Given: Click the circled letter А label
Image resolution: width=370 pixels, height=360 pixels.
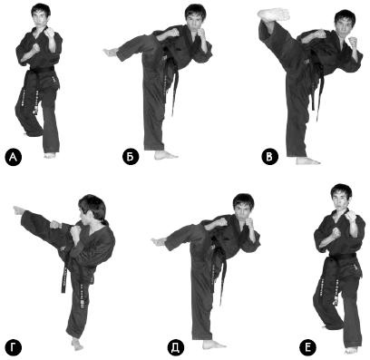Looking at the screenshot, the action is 14,157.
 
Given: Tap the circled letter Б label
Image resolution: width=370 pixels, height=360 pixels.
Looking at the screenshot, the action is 131,158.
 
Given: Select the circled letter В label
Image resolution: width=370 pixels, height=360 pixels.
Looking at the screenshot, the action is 270,157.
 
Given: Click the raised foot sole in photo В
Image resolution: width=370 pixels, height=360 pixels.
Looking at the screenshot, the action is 273,15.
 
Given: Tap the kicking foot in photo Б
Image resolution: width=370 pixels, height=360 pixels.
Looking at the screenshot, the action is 111,52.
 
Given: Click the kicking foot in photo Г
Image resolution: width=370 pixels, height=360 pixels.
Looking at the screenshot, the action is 19,210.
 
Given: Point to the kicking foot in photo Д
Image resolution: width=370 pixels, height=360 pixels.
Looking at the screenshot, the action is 159,241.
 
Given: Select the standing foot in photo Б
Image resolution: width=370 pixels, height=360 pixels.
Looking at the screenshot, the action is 166,155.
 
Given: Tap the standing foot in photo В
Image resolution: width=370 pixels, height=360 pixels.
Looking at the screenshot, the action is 307,161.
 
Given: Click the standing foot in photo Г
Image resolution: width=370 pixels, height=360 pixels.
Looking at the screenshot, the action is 77,344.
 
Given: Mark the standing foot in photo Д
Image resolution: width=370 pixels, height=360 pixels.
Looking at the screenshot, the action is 214,345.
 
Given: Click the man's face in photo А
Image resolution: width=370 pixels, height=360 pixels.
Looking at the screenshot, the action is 41,20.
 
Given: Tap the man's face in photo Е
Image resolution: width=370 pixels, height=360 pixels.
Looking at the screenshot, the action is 341,201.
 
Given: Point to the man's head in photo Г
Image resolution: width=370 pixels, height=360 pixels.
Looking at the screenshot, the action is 92,209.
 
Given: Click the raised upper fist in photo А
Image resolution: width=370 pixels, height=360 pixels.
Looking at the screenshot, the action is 49,33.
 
